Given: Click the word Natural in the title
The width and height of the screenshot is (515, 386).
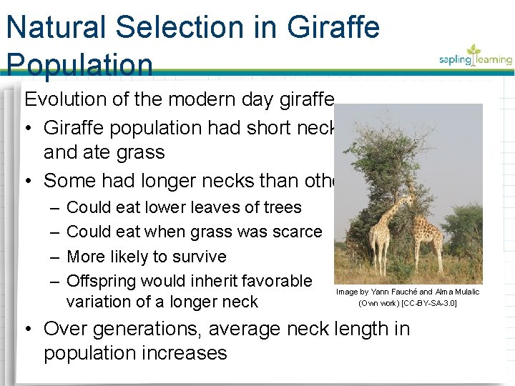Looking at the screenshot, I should coord(51,28).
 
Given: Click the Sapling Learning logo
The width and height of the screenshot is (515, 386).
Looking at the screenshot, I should coord(475,57).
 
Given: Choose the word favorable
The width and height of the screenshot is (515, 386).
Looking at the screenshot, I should coord(275,281).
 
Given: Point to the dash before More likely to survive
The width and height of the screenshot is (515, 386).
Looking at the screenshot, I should coord(55,257).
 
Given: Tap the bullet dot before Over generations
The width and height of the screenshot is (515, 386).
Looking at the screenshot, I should coord(30,330).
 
